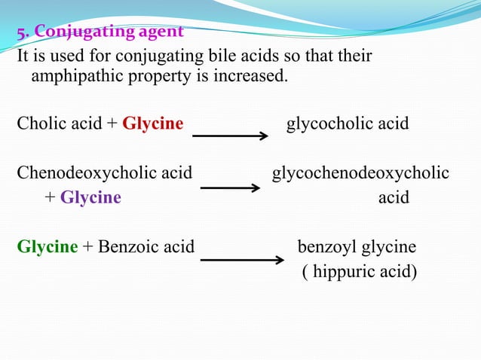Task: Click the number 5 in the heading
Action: (x=22, y=32)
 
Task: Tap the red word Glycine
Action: (x=153, y=124)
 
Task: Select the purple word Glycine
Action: (x=90, y=197)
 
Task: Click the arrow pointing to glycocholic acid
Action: (x=231, y=136)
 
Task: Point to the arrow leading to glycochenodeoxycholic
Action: (x=231, y=187)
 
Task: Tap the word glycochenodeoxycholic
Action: (x=360, y=174)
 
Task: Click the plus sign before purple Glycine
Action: (x=50, y=197)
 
